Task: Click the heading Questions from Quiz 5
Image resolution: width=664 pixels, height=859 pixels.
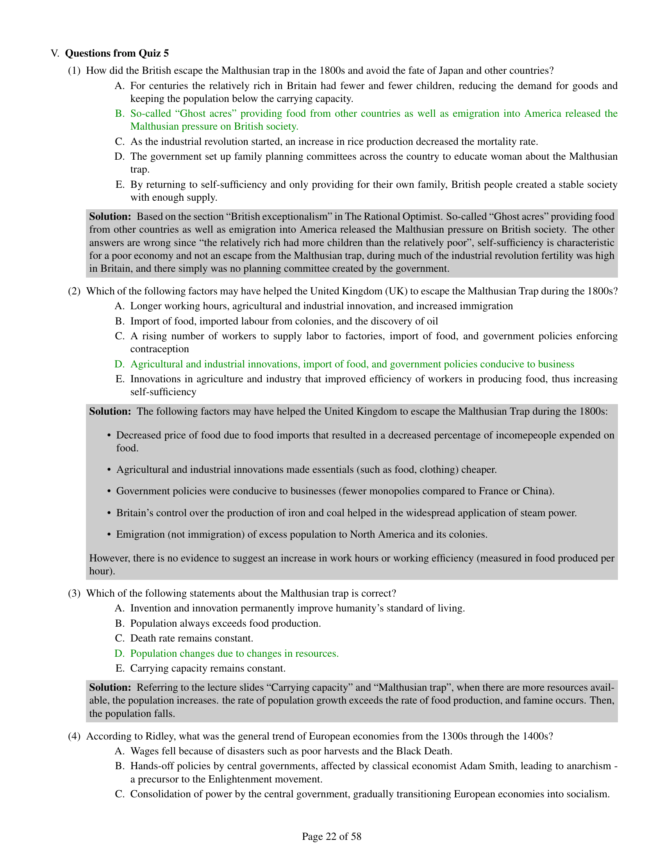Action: [x=117, y=53]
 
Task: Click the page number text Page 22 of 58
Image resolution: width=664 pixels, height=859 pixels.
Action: [x=331, y=836]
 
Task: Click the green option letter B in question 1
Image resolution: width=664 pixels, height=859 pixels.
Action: [x=119, y=114]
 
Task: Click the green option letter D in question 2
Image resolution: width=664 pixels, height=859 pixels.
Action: [x=119, y=364]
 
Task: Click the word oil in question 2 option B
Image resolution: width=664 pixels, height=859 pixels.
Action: [x=432, y=321]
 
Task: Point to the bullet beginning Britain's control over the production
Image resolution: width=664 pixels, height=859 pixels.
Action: [x=346, y=513]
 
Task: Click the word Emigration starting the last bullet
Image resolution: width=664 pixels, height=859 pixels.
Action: [x=137, y=535]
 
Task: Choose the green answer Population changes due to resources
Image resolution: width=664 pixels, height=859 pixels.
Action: [x=234, y=654]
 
